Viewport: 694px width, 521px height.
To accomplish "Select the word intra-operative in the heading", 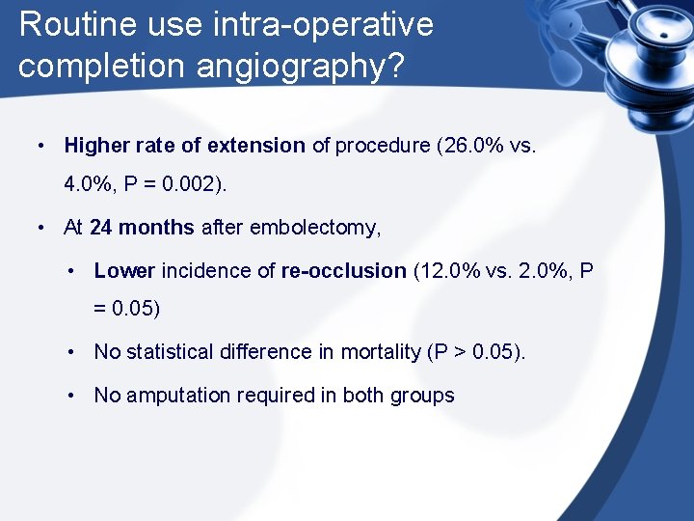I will pos(334,24).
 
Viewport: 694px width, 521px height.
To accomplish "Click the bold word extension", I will pos(254,146).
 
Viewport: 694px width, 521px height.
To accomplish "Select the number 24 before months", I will pos(100,228).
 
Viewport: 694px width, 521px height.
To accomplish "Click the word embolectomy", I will pos(315,228).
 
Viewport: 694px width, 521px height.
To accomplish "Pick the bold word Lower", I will pos(124,270).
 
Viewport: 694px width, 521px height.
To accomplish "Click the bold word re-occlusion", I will pos(343,270).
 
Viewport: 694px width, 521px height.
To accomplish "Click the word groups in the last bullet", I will pos(424,395).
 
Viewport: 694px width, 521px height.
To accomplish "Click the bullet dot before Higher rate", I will pos(41,146).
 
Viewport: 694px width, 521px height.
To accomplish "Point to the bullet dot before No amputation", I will pos(72,395).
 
